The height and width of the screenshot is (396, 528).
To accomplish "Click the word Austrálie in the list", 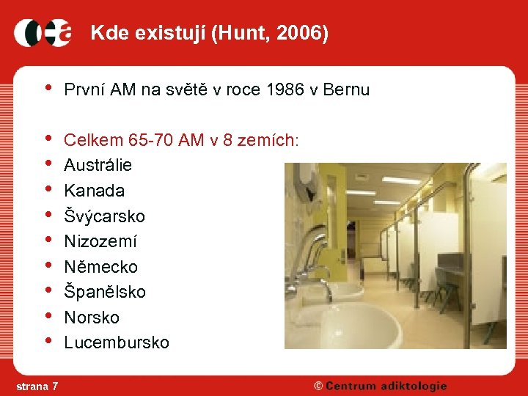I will point(98,165).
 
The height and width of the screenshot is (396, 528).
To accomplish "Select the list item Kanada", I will point(94,191).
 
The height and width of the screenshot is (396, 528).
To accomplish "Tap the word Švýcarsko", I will point(104,216).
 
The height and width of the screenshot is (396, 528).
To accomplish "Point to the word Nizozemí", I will point(100,241).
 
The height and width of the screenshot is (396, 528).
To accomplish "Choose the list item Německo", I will point(100,267).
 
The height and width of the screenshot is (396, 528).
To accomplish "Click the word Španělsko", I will point(105,292).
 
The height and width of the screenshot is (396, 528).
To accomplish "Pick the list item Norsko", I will point(92,318).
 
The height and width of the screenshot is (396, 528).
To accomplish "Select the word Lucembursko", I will point(116,342).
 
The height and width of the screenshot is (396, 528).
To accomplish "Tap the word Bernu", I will point(348,90).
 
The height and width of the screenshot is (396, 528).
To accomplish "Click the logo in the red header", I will point(43,32).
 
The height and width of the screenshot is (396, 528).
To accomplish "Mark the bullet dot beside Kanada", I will point(48,190).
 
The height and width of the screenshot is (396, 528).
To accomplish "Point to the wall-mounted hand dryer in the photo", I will point(306,180).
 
